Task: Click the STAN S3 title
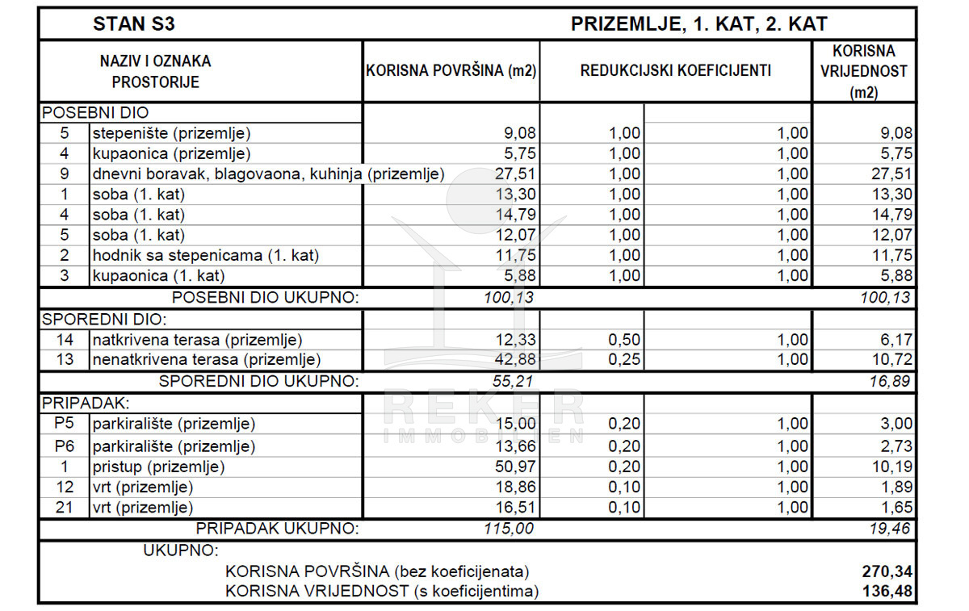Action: [x=134, y=24]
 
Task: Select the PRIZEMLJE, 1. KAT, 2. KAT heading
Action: [x=698, y=24]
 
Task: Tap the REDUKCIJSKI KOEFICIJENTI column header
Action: [x=675, y=71]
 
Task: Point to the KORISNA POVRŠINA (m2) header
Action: [x=451, y=71]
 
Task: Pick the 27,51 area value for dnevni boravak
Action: [x=514, y=174]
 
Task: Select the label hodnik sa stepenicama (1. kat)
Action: [x=206, y=255]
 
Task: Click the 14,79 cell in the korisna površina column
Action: [x=514, y=215]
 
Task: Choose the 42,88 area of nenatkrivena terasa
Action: [x=514, y=360]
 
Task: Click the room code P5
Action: [x=64, y=424]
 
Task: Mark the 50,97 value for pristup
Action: [x=514, y=467]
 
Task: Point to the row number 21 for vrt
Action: [x=64, y=508]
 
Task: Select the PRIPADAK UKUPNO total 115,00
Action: [x=508, y=529]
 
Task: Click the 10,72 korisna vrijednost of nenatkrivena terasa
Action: [x=891, y=360]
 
